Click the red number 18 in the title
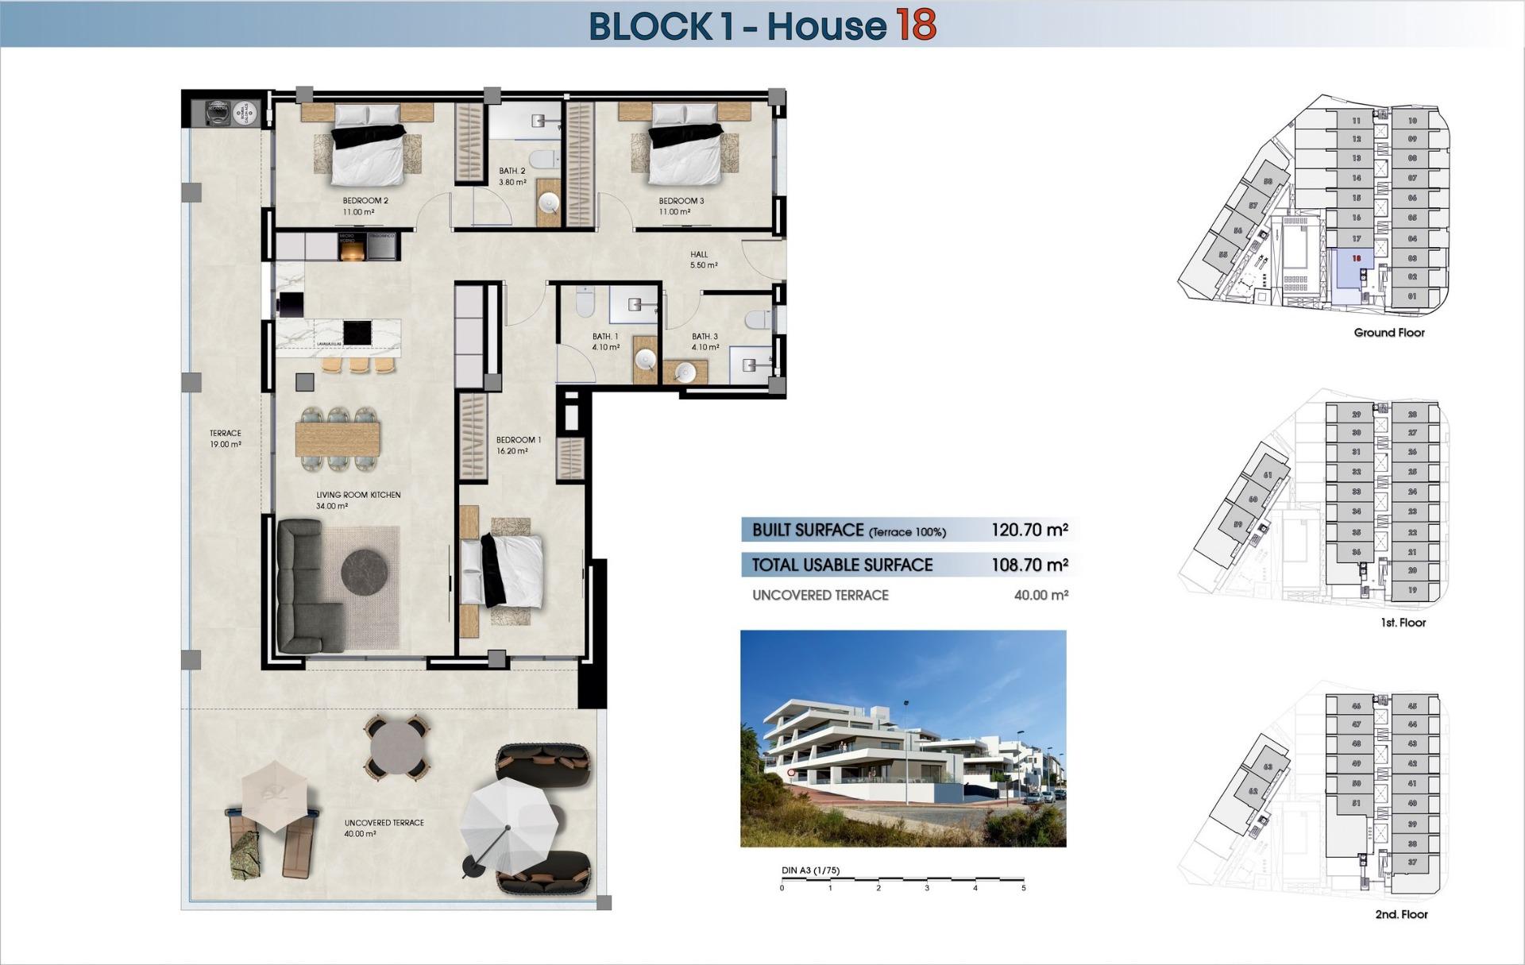pos(916,25)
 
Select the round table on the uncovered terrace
pos(398,747)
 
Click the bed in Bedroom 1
pos(508,568)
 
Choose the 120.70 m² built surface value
pos(1029,530)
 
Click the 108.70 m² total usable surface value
pos(1029,565)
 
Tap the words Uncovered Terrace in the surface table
pos(820,595)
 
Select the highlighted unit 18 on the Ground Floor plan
pos(1356,259)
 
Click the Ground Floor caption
pos(1389,333)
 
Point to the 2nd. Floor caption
pos(1401,914)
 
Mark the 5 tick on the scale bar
pos(1023,887)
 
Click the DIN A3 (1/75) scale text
pos(810,870)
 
